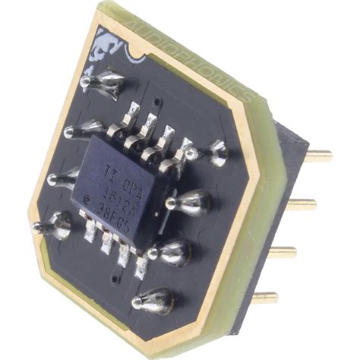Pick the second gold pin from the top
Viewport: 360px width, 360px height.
click(302, 203)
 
